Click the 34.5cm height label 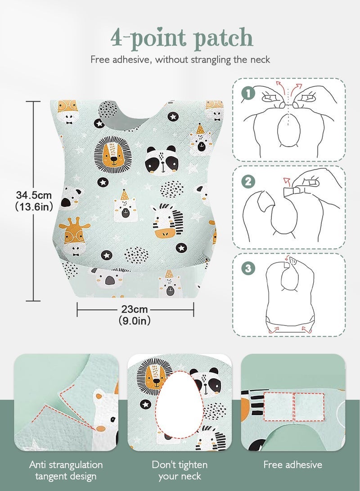(x=34, y=196)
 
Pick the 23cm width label (x=135, y=310)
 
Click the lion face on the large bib (x=113, y=156)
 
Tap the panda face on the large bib (x=161, y=161)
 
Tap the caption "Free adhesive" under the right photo (x=292, y=464)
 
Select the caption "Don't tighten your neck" (x=180, y=470)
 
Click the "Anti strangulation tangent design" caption (x=66, y=470)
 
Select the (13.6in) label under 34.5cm (x=34, y=207)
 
